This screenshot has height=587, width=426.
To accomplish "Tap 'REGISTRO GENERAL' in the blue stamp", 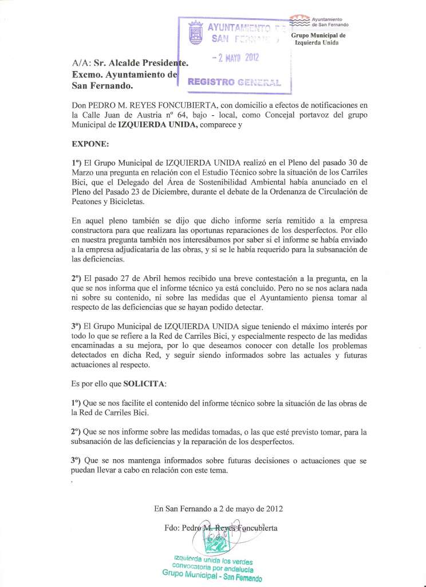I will pos(235,81).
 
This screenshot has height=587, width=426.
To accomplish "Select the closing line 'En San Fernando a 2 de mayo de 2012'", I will pos(218,508).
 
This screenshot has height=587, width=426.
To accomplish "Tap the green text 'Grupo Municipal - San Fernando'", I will pos(212,575).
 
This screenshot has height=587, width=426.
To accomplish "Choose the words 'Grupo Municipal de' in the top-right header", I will pos(318,35).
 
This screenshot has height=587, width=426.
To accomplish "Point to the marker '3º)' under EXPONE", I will pos(80,325).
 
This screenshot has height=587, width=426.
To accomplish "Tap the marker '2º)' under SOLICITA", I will pos(80,431).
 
